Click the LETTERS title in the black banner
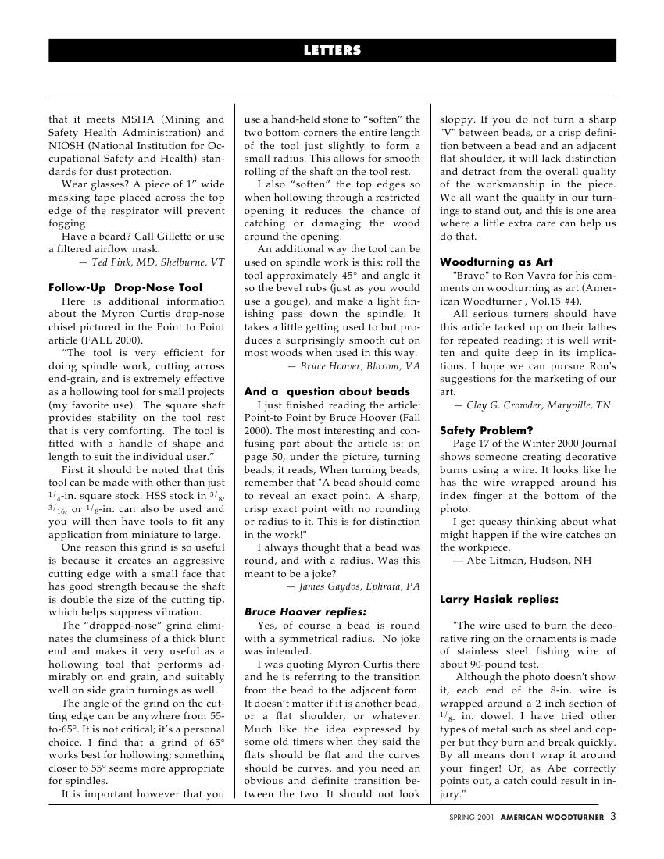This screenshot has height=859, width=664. coord(332,51)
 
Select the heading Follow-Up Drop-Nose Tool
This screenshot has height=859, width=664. coord(125,287)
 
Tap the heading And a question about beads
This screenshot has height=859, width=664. coord(327,391)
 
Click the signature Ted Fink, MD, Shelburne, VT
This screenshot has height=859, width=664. coord(157,262)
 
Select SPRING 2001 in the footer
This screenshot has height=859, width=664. coord(472,818)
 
